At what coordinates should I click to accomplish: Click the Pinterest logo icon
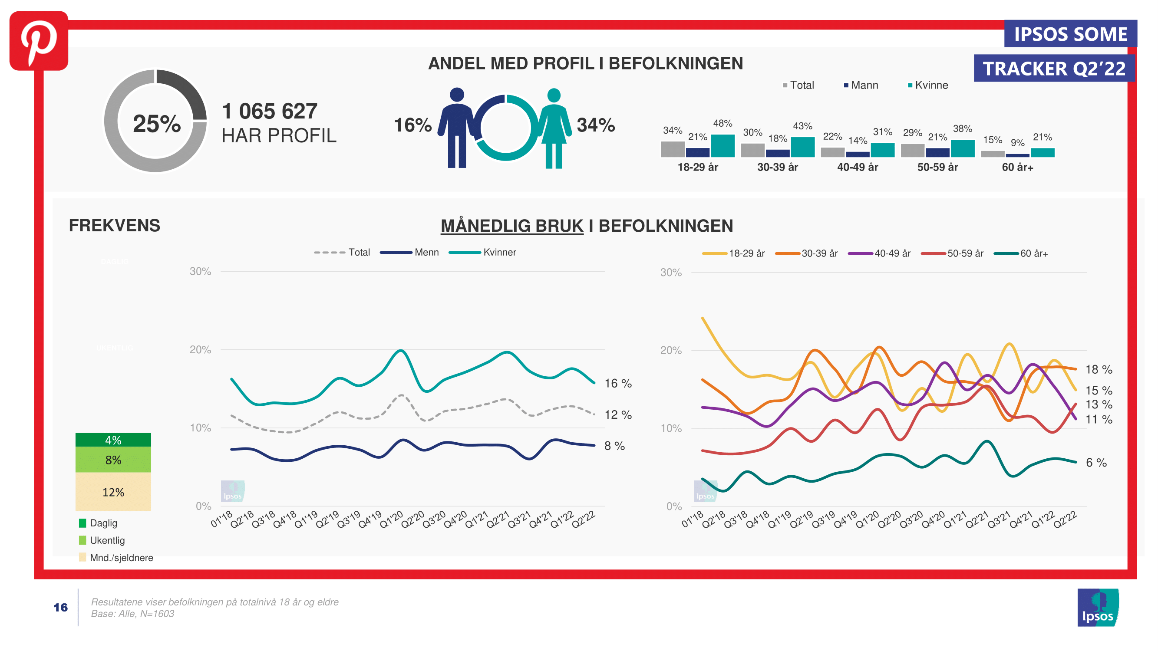point(39,41)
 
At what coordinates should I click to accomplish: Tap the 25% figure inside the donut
point(156,124)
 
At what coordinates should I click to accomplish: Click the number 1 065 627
point(269,111)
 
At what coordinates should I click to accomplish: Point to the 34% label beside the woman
point(596,125)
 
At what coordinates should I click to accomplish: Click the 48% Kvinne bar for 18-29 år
point(723,145)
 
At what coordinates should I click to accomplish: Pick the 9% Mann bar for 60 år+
point(1017,155)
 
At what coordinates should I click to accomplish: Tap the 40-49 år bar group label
point(857,167)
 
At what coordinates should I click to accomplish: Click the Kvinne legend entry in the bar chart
point(928,85)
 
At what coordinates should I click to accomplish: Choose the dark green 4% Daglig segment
point(113,440)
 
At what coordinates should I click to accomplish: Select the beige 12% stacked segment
point(113,492)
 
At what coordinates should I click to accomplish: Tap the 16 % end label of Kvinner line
point(618,383)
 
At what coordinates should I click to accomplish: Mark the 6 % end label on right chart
point(1096,462)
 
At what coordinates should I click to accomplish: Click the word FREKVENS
point(114,226)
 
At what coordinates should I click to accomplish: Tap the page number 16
point(60,608)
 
